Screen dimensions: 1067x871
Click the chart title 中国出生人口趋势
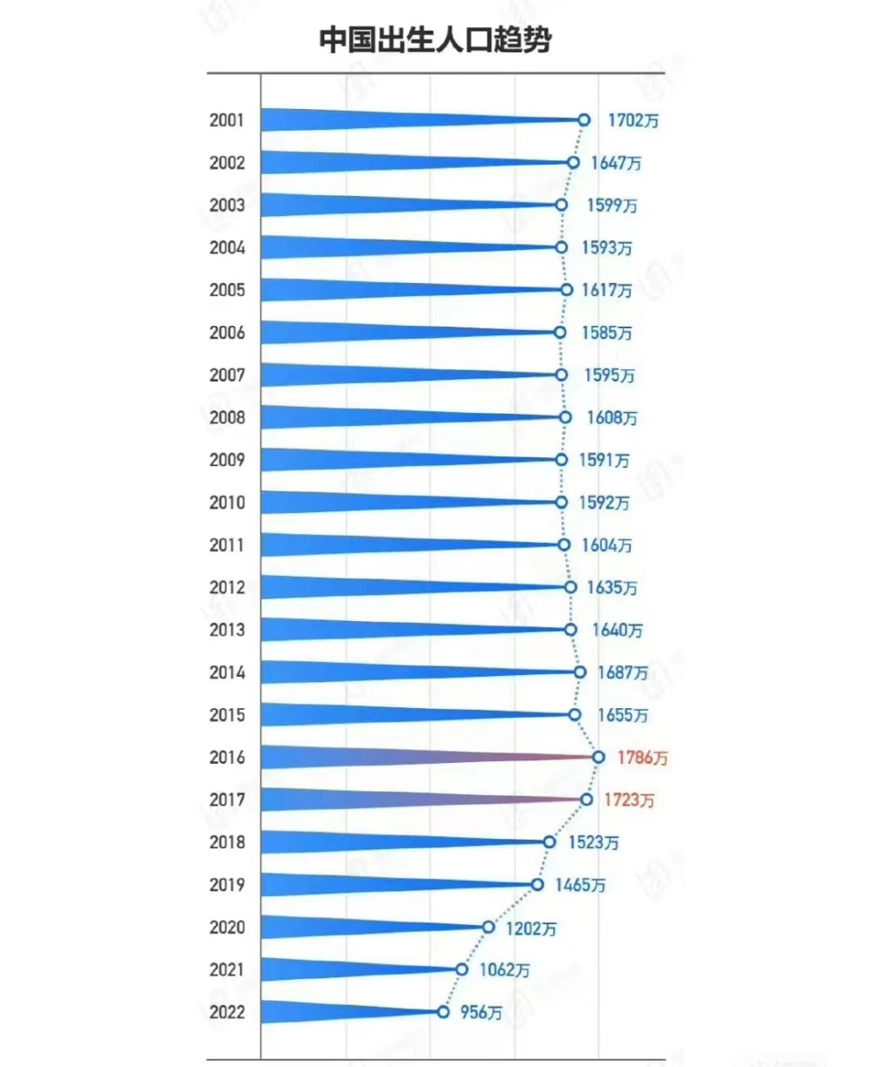point(435,40)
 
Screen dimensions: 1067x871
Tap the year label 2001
point(226,120)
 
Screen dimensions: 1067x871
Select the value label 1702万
point(633,120)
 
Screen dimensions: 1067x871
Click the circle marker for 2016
point(598,757)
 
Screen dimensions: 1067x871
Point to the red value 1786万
point(643,758)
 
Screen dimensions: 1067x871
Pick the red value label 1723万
point(628,800)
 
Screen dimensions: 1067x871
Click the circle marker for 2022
point(443,1012)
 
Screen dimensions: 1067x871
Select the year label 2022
point(226,1012)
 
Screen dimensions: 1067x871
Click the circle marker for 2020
point(489,927)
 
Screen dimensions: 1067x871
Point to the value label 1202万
point(530,928)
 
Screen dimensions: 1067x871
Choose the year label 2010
point(226,503)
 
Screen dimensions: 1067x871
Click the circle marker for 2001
point(584,120)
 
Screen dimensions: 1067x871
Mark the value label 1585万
point(606,333)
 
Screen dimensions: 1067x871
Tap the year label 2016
point(226,758)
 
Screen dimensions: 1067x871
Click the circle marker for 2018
point(549,842)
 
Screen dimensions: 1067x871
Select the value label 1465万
point(580,885)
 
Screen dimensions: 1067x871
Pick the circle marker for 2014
point(580,672)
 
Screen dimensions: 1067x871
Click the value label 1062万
point(504,969)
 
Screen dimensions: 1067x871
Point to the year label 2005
point(226,290)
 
